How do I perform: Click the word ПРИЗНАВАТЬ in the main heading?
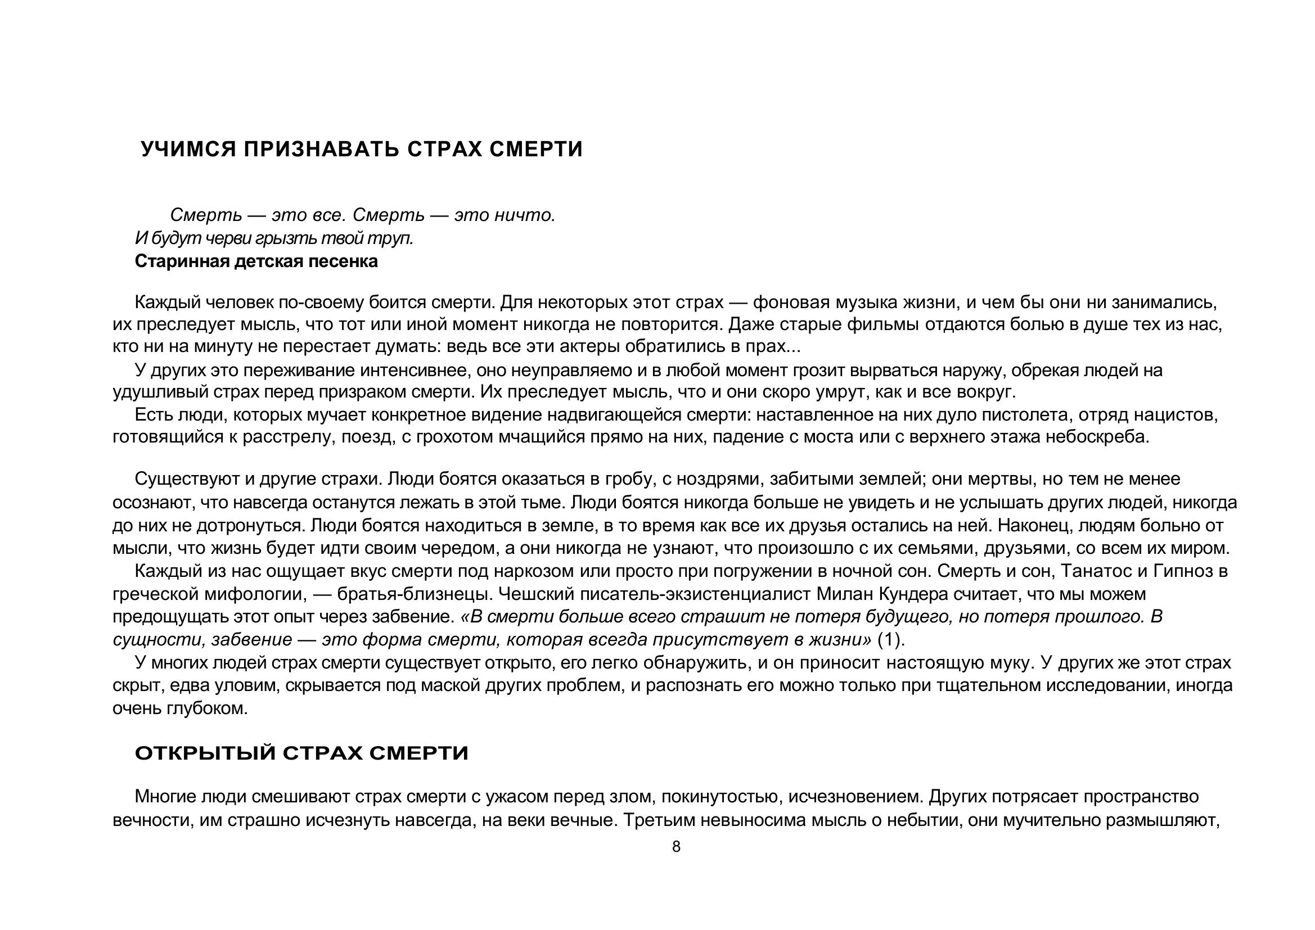coord(321,150)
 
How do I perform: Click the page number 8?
coord(676,847)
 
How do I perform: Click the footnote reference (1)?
coord(890,639)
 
